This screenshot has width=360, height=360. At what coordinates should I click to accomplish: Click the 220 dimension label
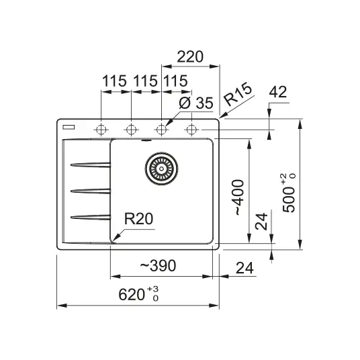click(190, 56)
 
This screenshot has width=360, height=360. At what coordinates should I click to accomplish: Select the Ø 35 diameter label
click(196, 103)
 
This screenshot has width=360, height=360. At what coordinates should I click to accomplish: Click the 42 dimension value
click(278, 92)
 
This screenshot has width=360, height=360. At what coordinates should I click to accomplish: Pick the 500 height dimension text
click(288, 193)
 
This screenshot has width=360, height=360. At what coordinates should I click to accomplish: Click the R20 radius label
click(138, 218)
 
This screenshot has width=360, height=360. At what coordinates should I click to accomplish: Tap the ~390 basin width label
click(158, 265)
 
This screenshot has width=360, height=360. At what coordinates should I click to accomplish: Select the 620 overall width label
click(138, 294)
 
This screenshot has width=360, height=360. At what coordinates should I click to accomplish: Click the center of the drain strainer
click(161, 169)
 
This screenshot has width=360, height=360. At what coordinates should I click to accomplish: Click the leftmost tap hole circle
click(101, 130)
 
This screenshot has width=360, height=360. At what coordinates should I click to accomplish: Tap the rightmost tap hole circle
click(191, 130)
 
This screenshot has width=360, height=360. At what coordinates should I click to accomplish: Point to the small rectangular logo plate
click(69, 127)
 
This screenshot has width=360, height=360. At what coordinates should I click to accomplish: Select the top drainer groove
click(91, 165)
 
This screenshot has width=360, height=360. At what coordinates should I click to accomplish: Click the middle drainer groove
click(91, 191)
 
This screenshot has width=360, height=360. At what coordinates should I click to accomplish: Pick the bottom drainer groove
click(91, 217)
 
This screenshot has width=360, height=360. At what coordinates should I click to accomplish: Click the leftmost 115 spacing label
click(114, 81)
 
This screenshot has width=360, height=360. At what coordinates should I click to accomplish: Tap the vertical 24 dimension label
click(261, 221)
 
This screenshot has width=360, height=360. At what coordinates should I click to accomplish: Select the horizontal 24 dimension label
click(244, 268)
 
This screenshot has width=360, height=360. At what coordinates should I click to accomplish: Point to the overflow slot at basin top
click(146, 140)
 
